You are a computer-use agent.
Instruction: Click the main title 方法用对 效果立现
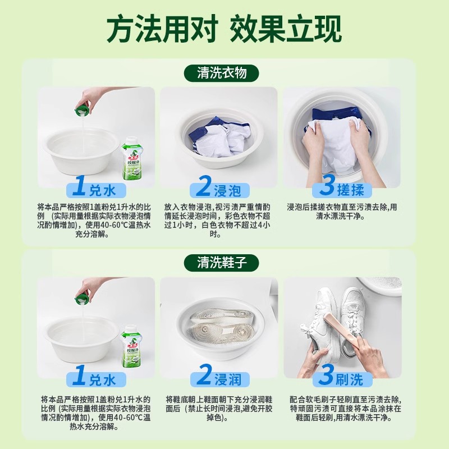click(x=224, y=29)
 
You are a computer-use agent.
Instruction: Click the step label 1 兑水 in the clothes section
click(x=95, y=187)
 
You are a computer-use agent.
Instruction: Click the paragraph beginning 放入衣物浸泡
click(x=218, y=219)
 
